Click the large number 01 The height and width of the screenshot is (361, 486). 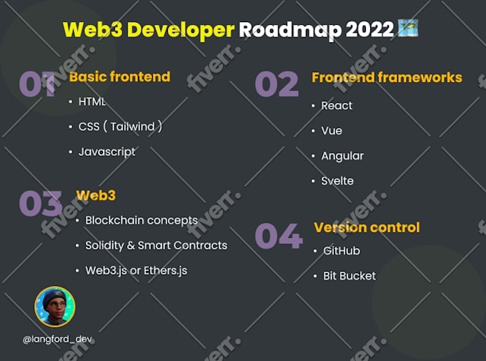tap(37, 84)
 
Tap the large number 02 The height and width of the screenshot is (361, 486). tap(277, 85)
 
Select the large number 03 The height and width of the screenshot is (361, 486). tap(40, 204)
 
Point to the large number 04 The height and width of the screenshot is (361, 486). tap(279, 236)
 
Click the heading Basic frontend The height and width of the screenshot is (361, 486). tap(119, 76)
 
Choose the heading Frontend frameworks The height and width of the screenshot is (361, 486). tap(387, 77)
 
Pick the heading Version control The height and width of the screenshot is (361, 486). tap(367, 227)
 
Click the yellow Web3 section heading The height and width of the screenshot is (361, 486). tap(96, 195)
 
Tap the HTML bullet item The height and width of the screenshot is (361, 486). tap(91, 102)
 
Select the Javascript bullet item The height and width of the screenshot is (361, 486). tap(106, 152)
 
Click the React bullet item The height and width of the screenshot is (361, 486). tap(337, 106)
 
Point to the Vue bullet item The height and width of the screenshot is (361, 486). tap(332, 131)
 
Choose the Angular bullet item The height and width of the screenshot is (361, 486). tap(342, 156)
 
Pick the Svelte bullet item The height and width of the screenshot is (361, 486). tap(337, 181)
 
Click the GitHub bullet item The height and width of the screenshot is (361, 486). tap(342, 251)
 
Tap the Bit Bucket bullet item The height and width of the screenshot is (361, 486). tap(349, 276)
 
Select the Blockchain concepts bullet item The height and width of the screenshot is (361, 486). tap(141, 220)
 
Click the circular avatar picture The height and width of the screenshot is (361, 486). tap(55, 307)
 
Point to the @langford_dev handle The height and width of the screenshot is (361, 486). tap(57, 339)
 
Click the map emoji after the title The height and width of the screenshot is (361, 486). tap(408, 29)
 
